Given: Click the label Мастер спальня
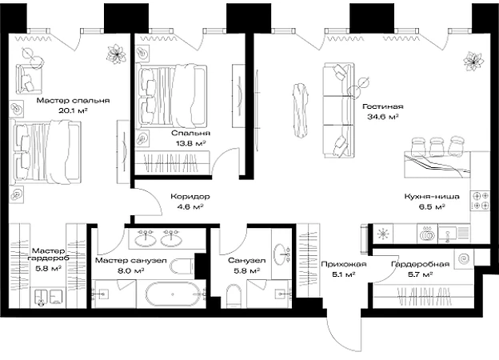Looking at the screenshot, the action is (x=73, y=101).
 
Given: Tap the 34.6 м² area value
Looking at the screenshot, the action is (x=383, y=117).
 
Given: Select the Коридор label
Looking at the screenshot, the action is (x=190, y=196).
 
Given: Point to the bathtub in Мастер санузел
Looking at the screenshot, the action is (x=173, y=294).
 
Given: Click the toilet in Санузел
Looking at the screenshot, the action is (x=234, y=296).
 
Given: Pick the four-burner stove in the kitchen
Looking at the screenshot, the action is (x=480, y=201).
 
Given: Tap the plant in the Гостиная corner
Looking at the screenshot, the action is (x=473, y=62).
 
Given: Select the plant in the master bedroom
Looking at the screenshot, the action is (x=116, y=54).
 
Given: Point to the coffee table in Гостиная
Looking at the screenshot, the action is (x=301, y=110).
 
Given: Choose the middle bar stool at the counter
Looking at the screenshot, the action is (x=437, y=147).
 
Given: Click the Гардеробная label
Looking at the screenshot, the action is (x=420, y=264).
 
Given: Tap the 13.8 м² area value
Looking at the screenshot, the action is (x=190, y=143).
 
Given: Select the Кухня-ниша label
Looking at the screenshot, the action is (x=432, y=196).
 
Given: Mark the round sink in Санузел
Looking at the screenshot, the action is (x=281, y=254).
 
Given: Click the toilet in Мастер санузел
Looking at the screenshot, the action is (x=182, y=265).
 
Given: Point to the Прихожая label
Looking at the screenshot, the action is (x=344, y=264).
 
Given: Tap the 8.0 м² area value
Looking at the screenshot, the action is (x=130, y=271).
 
